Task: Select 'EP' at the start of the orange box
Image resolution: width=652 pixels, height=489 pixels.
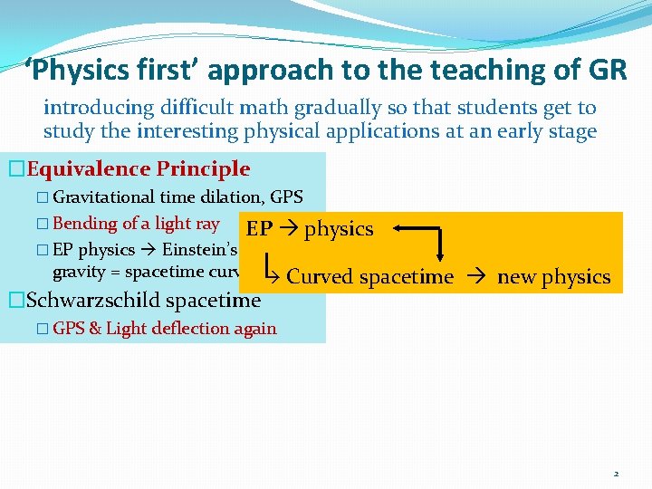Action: pyautogui.click(x=259, y=229)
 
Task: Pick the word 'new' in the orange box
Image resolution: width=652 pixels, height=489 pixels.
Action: pyautogui.click(x=515, y=277)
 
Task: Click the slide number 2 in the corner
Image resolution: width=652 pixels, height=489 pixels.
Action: pyautogui.click(x=616, y=474)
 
